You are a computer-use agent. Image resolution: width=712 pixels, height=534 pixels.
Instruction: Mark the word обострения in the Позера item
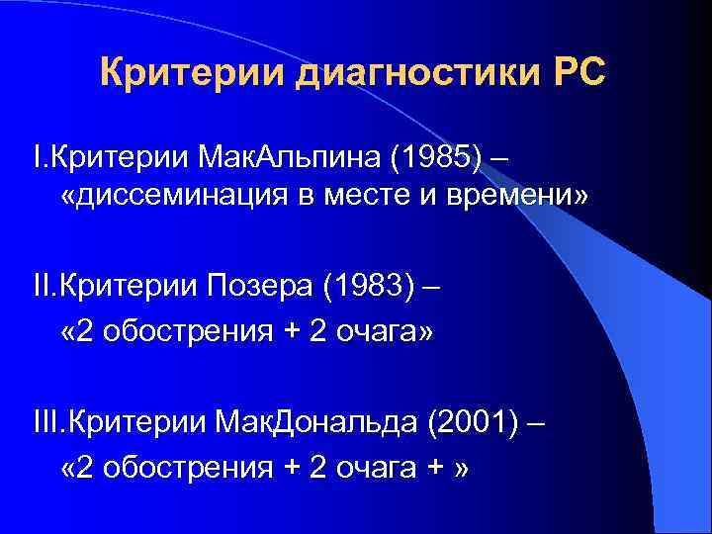[x=193, y=331]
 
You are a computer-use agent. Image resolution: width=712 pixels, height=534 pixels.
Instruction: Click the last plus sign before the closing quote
[x=434, y=468]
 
